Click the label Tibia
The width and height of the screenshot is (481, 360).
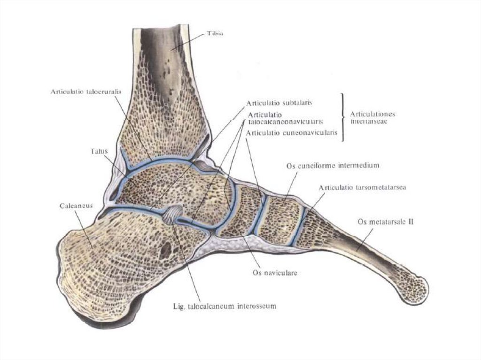tap(215, 34)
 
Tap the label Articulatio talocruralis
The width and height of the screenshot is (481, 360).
tap(86, 92)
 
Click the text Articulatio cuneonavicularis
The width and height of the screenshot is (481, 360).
tap(292, 133)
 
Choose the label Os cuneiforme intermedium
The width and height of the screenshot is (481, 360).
tap(332, 166)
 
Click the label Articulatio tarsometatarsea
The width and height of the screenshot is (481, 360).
tap(363, 187)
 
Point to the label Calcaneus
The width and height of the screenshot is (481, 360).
tap(75, 206)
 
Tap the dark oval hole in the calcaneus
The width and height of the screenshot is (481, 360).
tap(166, 251)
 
